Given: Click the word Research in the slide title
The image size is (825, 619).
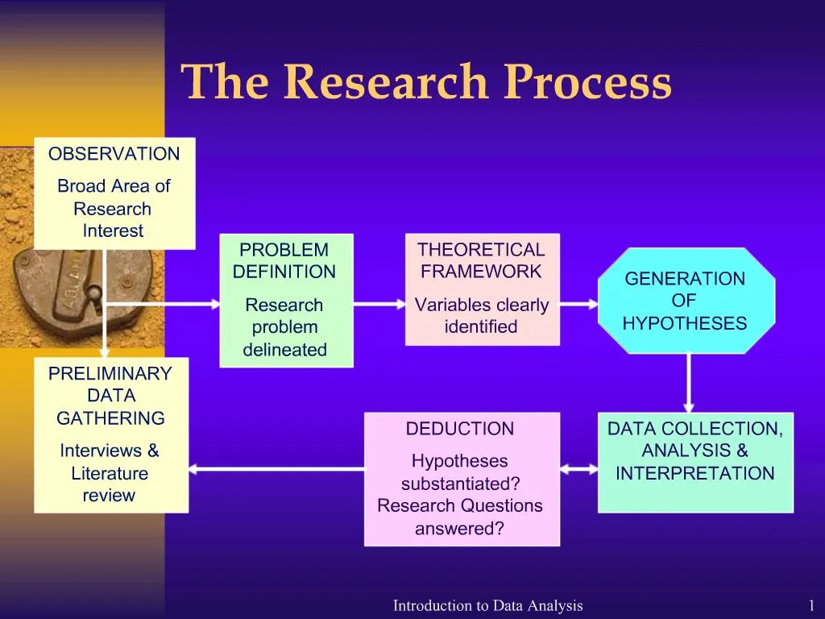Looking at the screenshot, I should coord(387,83).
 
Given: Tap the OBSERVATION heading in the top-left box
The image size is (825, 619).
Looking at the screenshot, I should coord(114,154).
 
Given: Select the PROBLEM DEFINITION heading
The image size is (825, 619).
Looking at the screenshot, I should coord(284,261).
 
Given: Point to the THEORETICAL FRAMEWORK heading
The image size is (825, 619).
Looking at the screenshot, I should coord(481,261).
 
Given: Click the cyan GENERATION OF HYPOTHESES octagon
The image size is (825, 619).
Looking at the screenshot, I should coord(685,301).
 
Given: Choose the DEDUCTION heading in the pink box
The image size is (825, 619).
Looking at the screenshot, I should coord(460,429).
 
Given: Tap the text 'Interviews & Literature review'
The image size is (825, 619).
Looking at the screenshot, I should coord(110,473).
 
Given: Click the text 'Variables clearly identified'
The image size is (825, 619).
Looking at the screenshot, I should coord(481,316).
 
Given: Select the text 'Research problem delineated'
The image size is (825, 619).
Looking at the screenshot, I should coord(284,327).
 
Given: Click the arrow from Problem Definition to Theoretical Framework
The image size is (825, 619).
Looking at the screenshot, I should coord(379,305).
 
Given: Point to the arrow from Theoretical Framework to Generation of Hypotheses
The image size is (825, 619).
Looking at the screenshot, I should coord(578,305).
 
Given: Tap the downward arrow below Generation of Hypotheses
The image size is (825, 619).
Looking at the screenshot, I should coord(689,383).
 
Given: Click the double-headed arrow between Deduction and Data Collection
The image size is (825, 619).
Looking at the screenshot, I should coord(578,468).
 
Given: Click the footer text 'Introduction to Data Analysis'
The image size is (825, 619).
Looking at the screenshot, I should coord(487,606).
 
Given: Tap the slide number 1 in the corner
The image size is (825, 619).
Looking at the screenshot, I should coord(811,606).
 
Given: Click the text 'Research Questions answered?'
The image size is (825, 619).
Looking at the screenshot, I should coord(460,517).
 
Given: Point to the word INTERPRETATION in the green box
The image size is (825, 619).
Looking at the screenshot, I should coord(694,474).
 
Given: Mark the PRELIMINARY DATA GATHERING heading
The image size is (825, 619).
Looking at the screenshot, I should coord(110,396).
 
